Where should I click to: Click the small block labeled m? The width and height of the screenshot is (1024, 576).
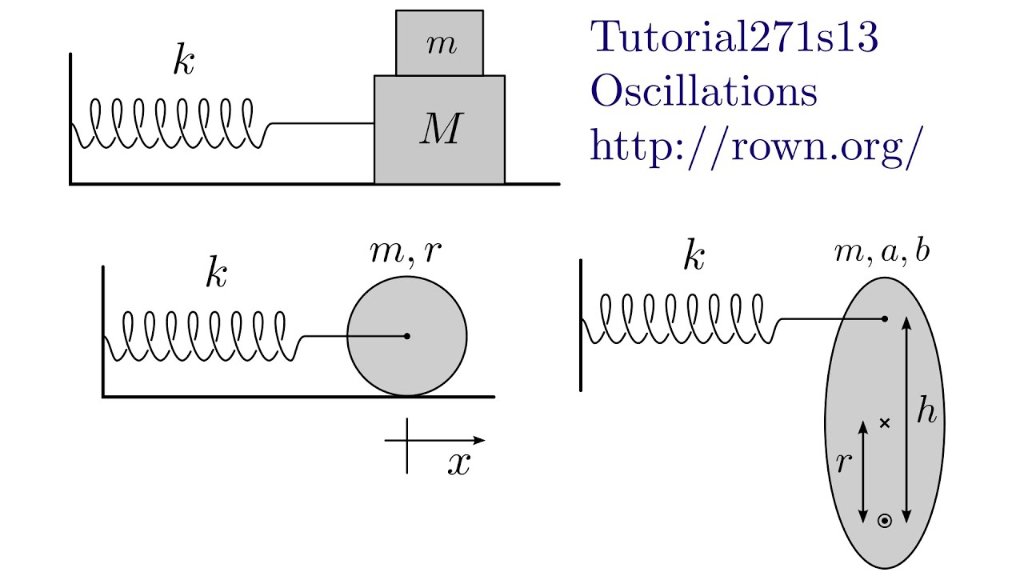(x=439, y=43)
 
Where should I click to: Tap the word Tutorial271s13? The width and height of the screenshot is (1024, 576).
(x=734, y=38)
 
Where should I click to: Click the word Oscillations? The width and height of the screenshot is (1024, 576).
(x=703, y=92)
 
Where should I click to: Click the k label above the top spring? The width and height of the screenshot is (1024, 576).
(x=183, y=62)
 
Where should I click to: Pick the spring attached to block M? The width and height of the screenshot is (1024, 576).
(x=172, y=123)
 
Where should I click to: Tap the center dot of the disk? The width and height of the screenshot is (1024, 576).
(x=407, y=336)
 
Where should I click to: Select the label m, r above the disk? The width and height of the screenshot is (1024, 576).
(x=407, y=250)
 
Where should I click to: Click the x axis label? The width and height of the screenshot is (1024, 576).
(x=458, y=465)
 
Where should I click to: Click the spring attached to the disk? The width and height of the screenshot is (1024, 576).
(x=204, y=336)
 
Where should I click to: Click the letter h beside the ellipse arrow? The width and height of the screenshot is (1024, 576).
(x=926, y=412)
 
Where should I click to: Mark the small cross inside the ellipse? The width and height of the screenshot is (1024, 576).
(x=884, y=422)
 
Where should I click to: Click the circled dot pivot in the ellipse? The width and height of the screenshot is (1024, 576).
(x=885, y=521)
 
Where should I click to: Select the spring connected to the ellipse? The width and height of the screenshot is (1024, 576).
(x=680, y=319)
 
